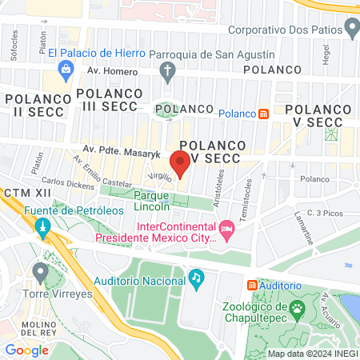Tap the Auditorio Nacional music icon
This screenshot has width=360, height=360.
(x=196, y=278)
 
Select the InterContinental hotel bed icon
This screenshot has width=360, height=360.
(x=226, y=230)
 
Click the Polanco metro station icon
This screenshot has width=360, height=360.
(x=263, y=114)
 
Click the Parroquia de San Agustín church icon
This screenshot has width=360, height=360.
(x=167, y=74)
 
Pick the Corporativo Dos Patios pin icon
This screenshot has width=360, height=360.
(x=353, y=30)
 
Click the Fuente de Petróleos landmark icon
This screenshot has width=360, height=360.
(x=42, y=230)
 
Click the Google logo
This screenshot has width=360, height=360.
(x=26, y=350)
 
